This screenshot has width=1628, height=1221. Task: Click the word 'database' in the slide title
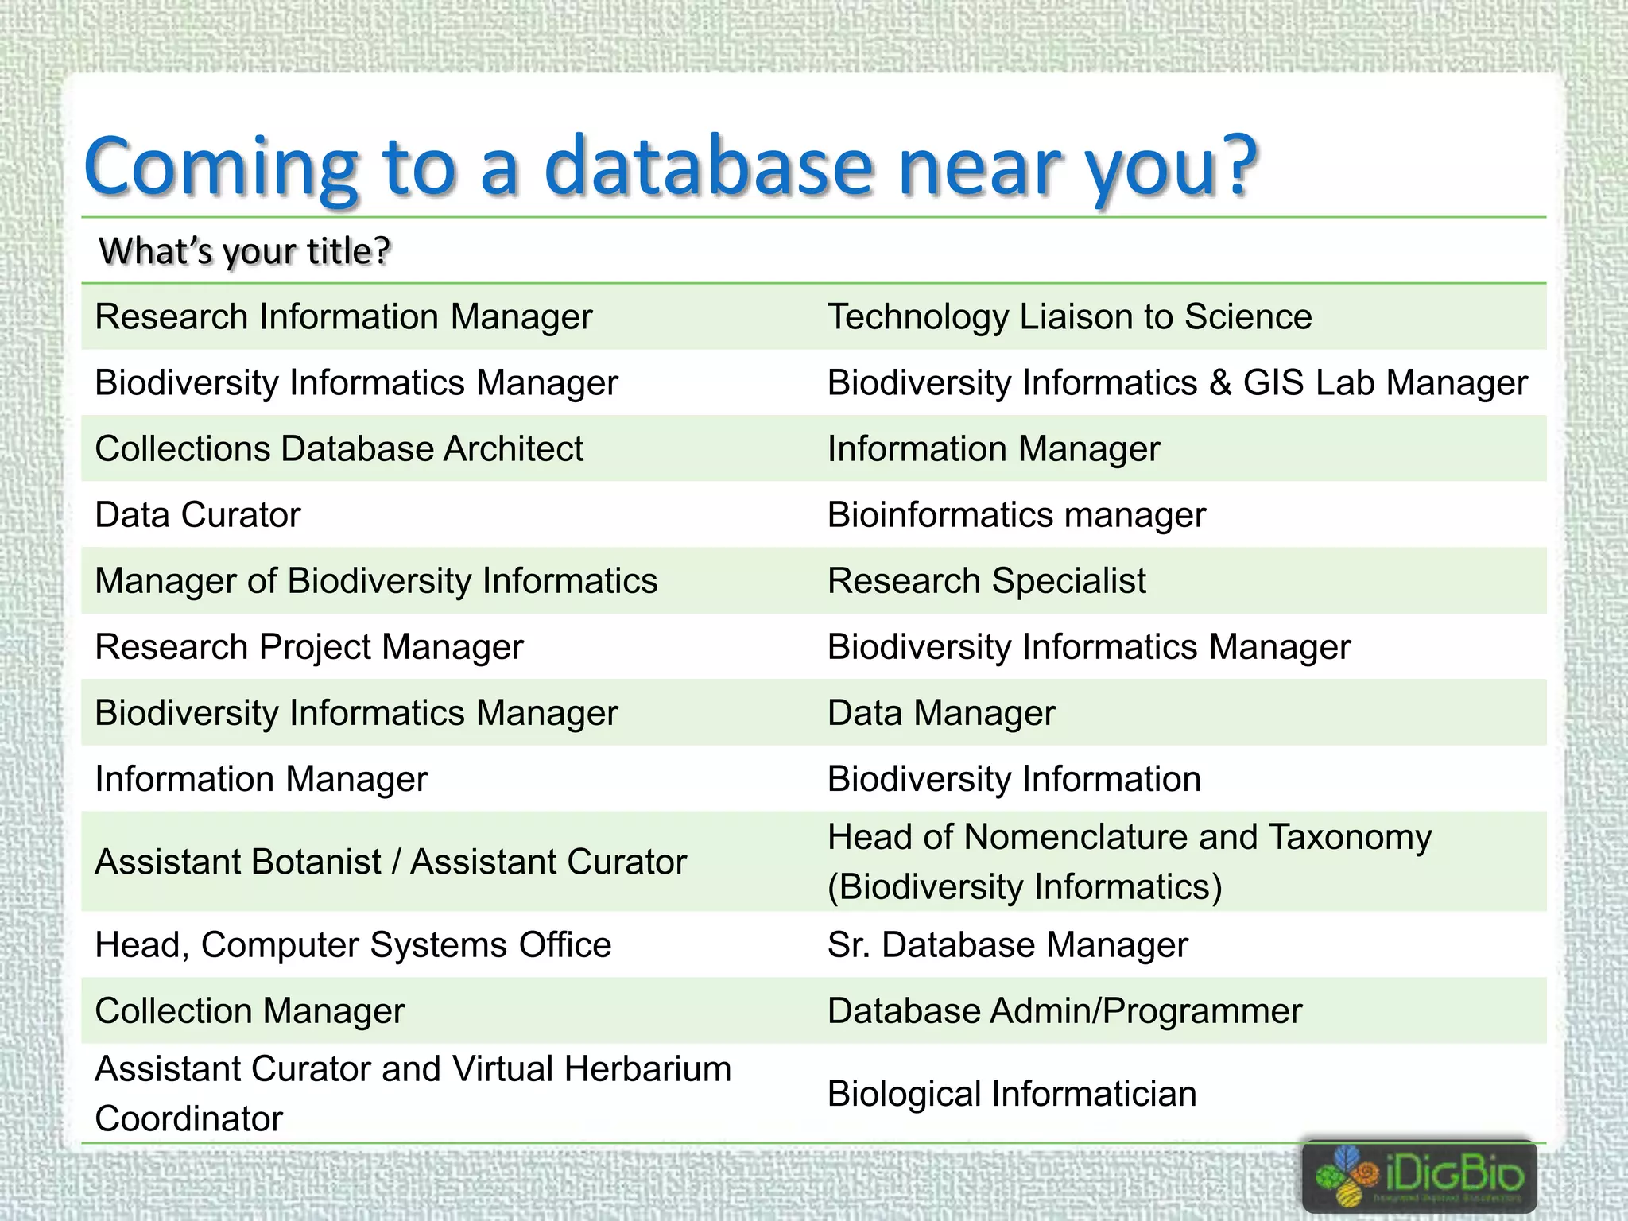pos(707,167)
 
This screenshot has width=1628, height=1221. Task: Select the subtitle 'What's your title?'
pos(245,251)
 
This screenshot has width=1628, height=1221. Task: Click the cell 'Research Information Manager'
pos(343,317)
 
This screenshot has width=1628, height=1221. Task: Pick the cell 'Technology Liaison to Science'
pos(1069,317)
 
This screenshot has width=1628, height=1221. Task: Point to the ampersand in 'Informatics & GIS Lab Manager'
pos(1220,383)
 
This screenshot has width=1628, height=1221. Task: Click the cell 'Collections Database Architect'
pos(339,449)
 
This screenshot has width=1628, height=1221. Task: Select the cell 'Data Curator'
pos(197,515)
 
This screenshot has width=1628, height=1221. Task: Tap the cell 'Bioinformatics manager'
pos(1016,515)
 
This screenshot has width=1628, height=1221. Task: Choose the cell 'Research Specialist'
pos(986,581)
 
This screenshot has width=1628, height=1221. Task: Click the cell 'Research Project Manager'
pos(309,647)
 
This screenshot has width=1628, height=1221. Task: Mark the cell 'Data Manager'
pos(941,713)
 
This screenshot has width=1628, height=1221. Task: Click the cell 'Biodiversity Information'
pos(1014,779)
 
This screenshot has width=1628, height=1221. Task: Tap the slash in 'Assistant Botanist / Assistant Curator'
pos(396,862)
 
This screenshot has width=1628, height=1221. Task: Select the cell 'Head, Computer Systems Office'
pos(353,945)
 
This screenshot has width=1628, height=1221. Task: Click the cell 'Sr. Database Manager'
pos(1007,945)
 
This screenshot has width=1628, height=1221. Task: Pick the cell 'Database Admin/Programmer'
pos(1064,1011)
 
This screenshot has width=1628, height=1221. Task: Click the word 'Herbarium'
pos(647,1069)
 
